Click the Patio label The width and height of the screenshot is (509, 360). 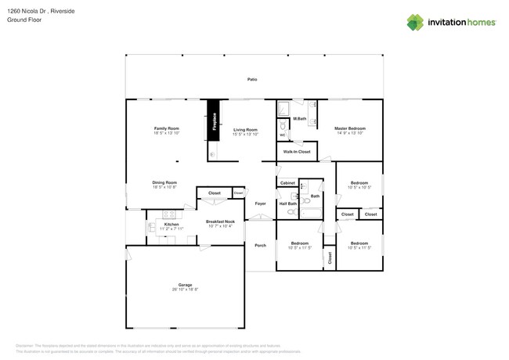click(252, 80)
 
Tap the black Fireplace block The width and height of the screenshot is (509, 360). click(213, 121)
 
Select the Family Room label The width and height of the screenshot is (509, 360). click(166, 128)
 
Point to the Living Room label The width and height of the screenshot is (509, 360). click(245, 130)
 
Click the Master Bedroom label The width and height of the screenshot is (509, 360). click(350, 128)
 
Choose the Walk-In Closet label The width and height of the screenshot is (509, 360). click(297, 152)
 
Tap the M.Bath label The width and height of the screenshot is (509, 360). click(299, 119)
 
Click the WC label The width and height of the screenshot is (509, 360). click(283, 135)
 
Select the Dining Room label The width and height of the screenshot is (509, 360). click(164, 182)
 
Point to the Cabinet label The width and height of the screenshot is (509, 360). click(287, 182)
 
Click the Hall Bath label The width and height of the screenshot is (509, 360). click(288, 203)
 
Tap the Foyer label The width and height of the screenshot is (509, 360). click(260, 203)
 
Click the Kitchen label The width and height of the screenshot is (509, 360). click(171, 225)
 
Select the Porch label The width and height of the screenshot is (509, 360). click(260, 245)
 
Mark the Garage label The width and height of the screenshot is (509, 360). click(185, 285)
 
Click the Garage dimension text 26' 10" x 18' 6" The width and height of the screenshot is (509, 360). click(185, 290)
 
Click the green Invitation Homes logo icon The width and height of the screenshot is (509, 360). click(415, 23)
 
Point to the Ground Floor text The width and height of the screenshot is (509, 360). click(24, 20)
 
